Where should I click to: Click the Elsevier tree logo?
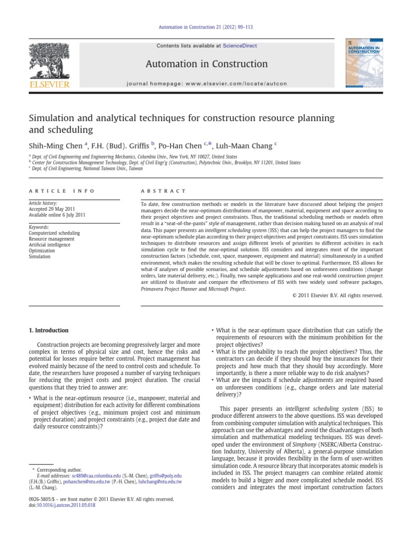click(49, 61)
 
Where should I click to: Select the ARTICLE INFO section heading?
click(61, 191)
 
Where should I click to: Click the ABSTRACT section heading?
click(163, 191)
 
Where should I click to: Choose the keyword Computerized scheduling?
click(54, 233)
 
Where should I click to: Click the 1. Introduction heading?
click(48, 330)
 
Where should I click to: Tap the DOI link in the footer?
click(63, 505)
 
